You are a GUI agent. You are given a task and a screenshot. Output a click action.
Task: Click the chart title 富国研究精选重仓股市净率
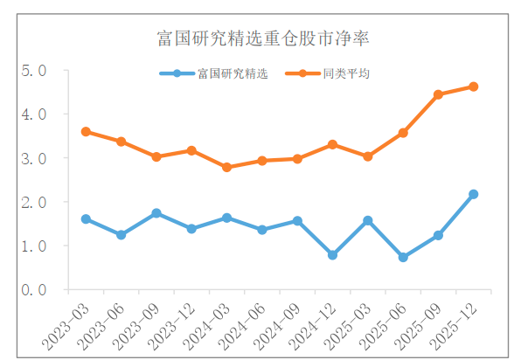click(261, 38)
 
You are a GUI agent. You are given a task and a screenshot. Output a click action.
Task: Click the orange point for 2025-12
click(473, 87)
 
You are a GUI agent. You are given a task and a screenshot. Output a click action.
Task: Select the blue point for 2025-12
click(473, 194)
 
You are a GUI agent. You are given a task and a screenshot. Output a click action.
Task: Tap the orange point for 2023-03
click(86, 132)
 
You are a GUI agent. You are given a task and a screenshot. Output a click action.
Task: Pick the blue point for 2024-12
click(332, 255)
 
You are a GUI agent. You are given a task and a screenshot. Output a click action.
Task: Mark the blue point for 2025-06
click(403, 258)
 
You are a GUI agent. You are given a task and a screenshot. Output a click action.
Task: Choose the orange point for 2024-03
click(226, 167)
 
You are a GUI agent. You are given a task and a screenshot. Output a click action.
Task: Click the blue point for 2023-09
click(156, 213)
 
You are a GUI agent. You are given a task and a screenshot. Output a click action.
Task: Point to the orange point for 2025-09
click(438, 94)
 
